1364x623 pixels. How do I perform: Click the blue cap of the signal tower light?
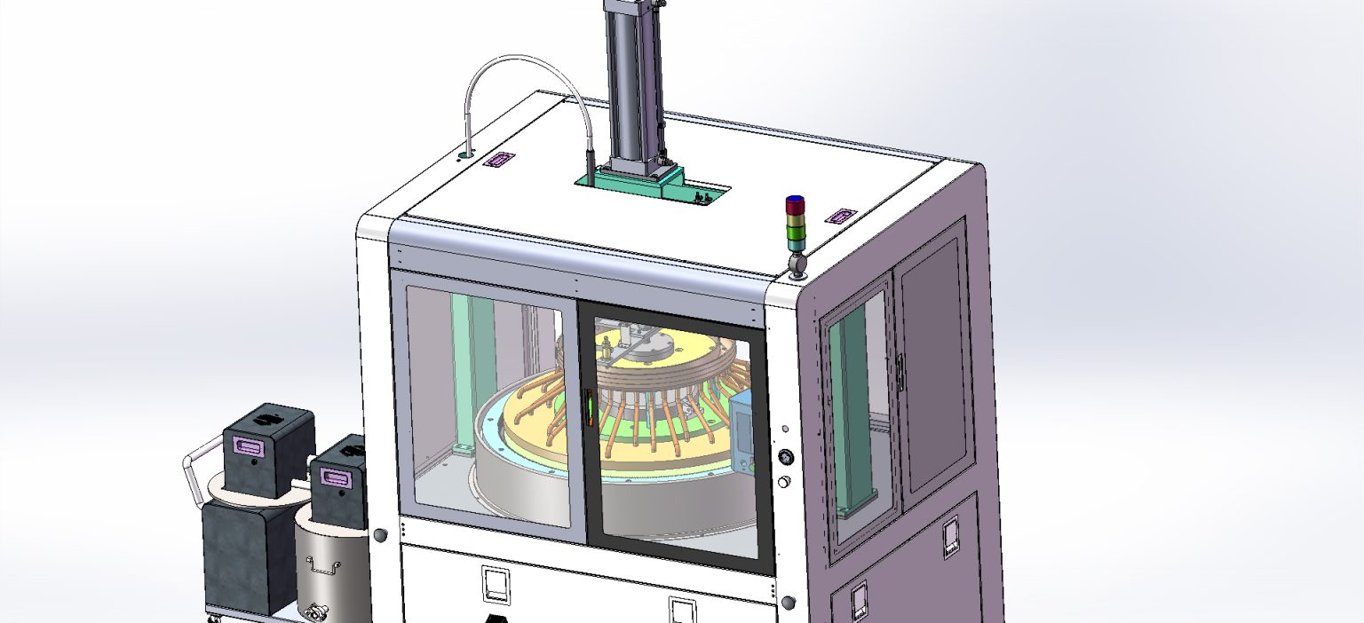click(795, 200)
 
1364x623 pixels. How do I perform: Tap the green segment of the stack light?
click(795, 233)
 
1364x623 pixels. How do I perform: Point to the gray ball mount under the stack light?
click(797, 264)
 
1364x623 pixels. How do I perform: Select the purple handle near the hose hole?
click(498, 161)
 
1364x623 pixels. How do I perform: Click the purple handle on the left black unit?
click(250, 445)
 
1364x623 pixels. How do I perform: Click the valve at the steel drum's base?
click(315, 611)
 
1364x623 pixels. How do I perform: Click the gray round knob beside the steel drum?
click(380, 535)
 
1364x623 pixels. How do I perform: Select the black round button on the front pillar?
click(785, 457)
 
